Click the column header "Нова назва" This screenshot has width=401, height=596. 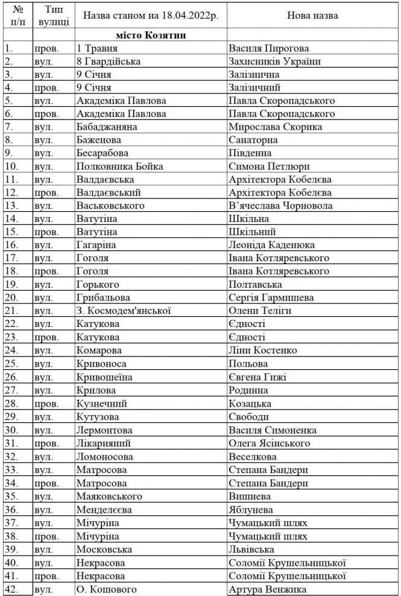coord(313,16)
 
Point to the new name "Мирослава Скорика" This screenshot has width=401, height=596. coord(276,127)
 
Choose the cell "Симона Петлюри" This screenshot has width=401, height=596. coord(264,166)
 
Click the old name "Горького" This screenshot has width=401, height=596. coord(98,284)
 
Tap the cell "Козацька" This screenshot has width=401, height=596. coord(250,403)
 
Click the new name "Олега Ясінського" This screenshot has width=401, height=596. coord(270,443)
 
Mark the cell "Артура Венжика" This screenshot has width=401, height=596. coord(267,589)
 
